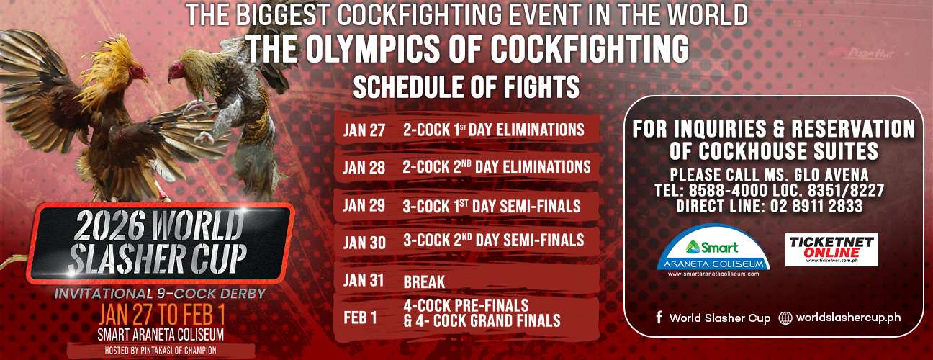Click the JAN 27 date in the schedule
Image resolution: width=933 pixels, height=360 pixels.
[x=364, y=130]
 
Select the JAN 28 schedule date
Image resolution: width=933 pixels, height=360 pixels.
[x=364, y=168]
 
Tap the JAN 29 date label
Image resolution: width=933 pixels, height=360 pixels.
[x=364, y=205]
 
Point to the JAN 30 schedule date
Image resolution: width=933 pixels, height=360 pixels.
[x=364, y=243]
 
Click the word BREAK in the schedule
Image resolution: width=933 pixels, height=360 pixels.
[x=424, y=282]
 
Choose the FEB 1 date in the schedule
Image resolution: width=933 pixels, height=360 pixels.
[x=360, y=318]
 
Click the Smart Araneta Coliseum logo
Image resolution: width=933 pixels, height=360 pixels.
[x=713, y=251]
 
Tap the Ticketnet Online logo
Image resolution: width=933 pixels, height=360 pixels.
[x=831, y=250]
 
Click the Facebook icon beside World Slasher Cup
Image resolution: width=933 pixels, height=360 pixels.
[x=659, y=318]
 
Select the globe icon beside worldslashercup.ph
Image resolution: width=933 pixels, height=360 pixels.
[x=785, y=318]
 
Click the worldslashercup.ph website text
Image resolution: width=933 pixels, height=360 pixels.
[x=849, y=318]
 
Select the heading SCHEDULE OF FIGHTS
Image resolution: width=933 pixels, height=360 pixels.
[x=466, y=86]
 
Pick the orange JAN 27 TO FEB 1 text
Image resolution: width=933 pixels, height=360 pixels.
[x=161, y=316]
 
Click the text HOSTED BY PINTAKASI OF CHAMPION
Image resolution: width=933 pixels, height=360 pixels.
[x=161, y=351]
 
